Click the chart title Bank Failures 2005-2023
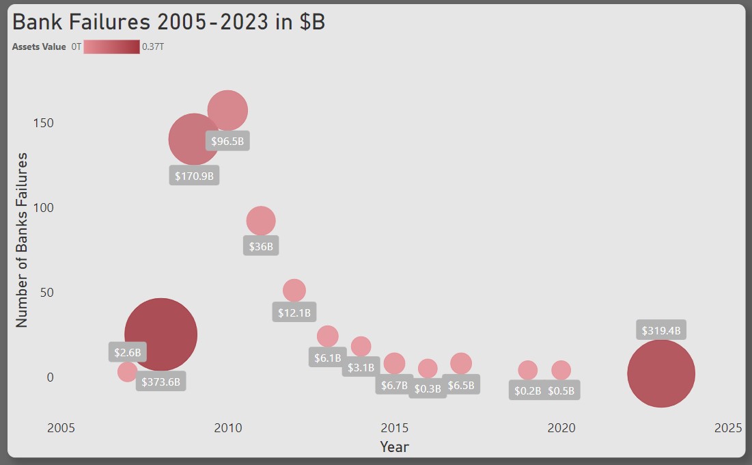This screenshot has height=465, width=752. pos(169,22)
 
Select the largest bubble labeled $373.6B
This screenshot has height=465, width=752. pos(161,334)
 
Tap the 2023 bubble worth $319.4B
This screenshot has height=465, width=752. pos(661,373)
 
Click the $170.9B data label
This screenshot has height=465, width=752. pos(195,176)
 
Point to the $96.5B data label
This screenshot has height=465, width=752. pos(227,142)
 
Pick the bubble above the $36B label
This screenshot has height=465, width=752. pos(261,221)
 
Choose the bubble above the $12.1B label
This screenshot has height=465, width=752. pos(294,290)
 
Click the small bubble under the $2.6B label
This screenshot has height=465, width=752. pos(128,372)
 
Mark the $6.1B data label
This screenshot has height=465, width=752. pos(327,358)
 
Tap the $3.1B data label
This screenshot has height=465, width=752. pos(361,367)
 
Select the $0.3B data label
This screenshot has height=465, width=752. pos(428,388)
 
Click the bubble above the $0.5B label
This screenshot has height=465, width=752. pos(561,370)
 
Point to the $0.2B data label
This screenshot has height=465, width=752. pos(527,390)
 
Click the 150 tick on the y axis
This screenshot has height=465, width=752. pos(43,123)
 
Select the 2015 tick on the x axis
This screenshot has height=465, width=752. pos(394,428)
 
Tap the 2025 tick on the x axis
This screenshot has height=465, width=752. pos(727,428)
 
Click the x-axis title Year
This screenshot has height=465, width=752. pos(394,447)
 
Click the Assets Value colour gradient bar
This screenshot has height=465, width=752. pos(111,47)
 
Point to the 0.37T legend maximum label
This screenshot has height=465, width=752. pos(153,47)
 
